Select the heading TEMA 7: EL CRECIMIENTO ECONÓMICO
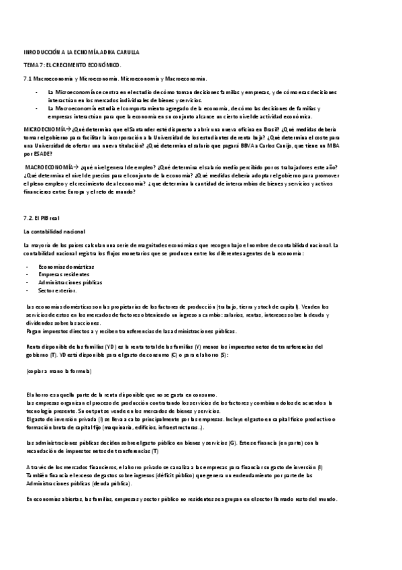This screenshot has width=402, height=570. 72,65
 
